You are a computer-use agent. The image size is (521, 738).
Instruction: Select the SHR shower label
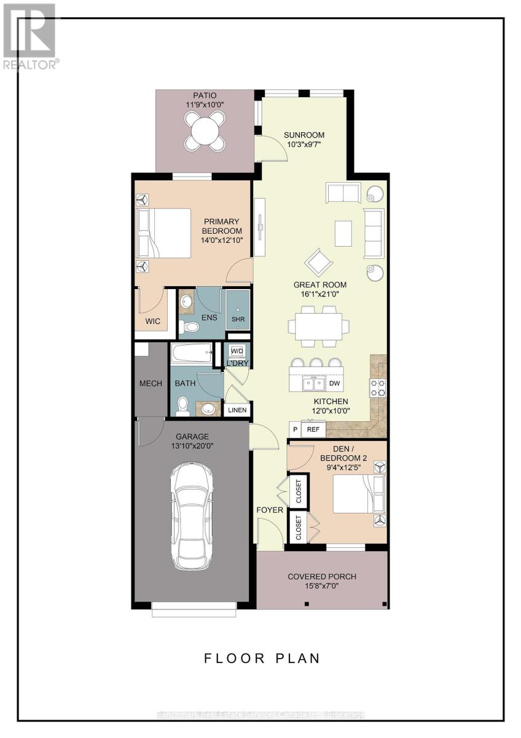pyautogui.click(x=238, y=319)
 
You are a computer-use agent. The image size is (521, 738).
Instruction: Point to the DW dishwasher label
pyautogui.click(x=334, y=384)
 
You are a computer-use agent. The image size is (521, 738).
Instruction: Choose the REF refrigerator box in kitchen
pyautogui.click(x=313, y=429)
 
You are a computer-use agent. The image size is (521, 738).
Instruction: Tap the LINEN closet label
pyautogui.click(x=237, y=410)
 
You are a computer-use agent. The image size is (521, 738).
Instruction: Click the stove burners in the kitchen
pyautogui.click(x=377, y=387)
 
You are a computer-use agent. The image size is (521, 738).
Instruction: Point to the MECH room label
pyautogui.click(x=151, y=383)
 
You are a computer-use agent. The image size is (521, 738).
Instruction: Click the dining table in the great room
pyautogui.click(x=319, y=325)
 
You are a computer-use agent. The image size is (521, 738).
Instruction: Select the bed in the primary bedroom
pyautogui.click(x=165, y=232)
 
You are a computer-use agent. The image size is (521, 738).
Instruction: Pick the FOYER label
pyautogui.click(x=270, y=510)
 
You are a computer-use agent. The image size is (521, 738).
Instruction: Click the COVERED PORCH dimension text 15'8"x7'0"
pyautogui.click(x=322, y=587)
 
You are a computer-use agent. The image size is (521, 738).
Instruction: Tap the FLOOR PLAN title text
pyautogui.click(x=262, y=658)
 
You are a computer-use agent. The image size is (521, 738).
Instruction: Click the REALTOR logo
pyautogui.click(x=30, y=36)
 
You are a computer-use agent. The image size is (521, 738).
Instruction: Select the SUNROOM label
pyautogui.click(x=304, y=135)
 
